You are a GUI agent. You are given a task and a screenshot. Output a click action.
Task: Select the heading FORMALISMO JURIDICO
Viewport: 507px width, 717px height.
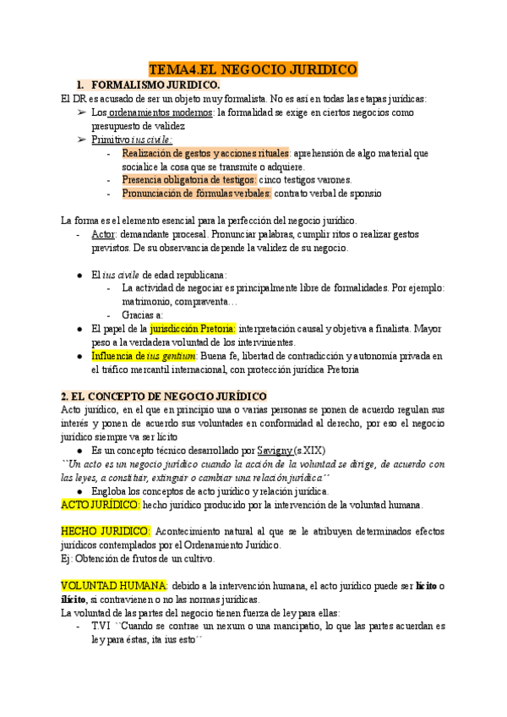click(x=155, y=85)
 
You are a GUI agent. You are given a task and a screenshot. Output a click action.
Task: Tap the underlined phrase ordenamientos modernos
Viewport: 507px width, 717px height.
click(x=161, y=112)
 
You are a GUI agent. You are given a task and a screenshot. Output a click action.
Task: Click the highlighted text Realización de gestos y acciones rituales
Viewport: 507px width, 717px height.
click(x=205, y=153)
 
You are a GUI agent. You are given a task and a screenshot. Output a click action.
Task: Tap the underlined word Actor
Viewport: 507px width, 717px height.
click(x=104, y=234)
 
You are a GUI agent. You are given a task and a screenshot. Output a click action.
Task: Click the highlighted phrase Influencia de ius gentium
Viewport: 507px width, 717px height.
click(x=144, y=356)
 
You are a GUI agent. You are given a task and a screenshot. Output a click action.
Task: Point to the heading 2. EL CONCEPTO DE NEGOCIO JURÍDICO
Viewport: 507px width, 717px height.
click(x=164, y=396)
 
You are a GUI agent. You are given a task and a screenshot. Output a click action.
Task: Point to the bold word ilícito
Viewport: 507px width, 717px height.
click(x=75, y=599)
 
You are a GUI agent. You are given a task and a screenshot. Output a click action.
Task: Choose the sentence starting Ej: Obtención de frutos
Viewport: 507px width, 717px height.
click(x=138, y=559)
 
